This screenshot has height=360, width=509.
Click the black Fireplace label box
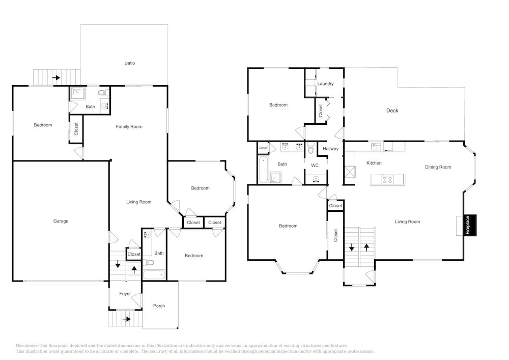pyautogui.click(x=470, y=225)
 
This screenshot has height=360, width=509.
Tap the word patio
pyautogui.click(x=130, y=63)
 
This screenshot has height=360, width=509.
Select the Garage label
pyautogui.click(x=61, y=221)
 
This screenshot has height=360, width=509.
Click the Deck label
pyautogui.click(x=392, y=110)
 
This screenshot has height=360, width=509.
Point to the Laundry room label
pyautogui.click(x=325, y=84)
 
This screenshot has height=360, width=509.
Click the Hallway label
pyautogui.click(x=330, y=149)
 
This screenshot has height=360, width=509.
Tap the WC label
pyautogui.click(x=315, y=165)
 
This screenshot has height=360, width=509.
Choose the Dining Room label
pyautogui.click(x=438, y=167)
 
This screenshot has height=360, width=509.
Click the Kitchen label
pyautogui.click(x=374, y=163)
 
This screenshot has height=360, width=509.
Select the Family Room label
pyautogui.click(x=129, y=127)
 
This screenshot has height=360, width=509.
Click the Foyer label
pyautogui.click(x=125, y=294)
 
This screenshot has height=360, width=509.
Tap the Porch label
pyautogui.click(x=159, y=306)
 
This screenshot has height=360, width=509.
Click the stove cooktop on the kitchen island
pyautogui.click(x=387, y=179)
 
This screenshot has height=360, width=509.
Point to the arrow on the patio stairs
pyautogui.click(x=56, y=77)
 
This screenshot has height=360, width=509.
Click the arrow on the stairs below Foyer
pyautogui.click(x=127, y=319)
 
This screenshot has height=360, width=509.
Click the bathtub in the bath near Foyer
pyautogui.click(x=154, y=275)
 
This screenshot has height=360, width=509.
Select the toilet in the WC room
pyautogui.click(x=310, y=148)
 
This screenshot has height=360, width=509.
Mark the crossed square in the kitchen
pyautogui.click(x=350, y=172)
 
